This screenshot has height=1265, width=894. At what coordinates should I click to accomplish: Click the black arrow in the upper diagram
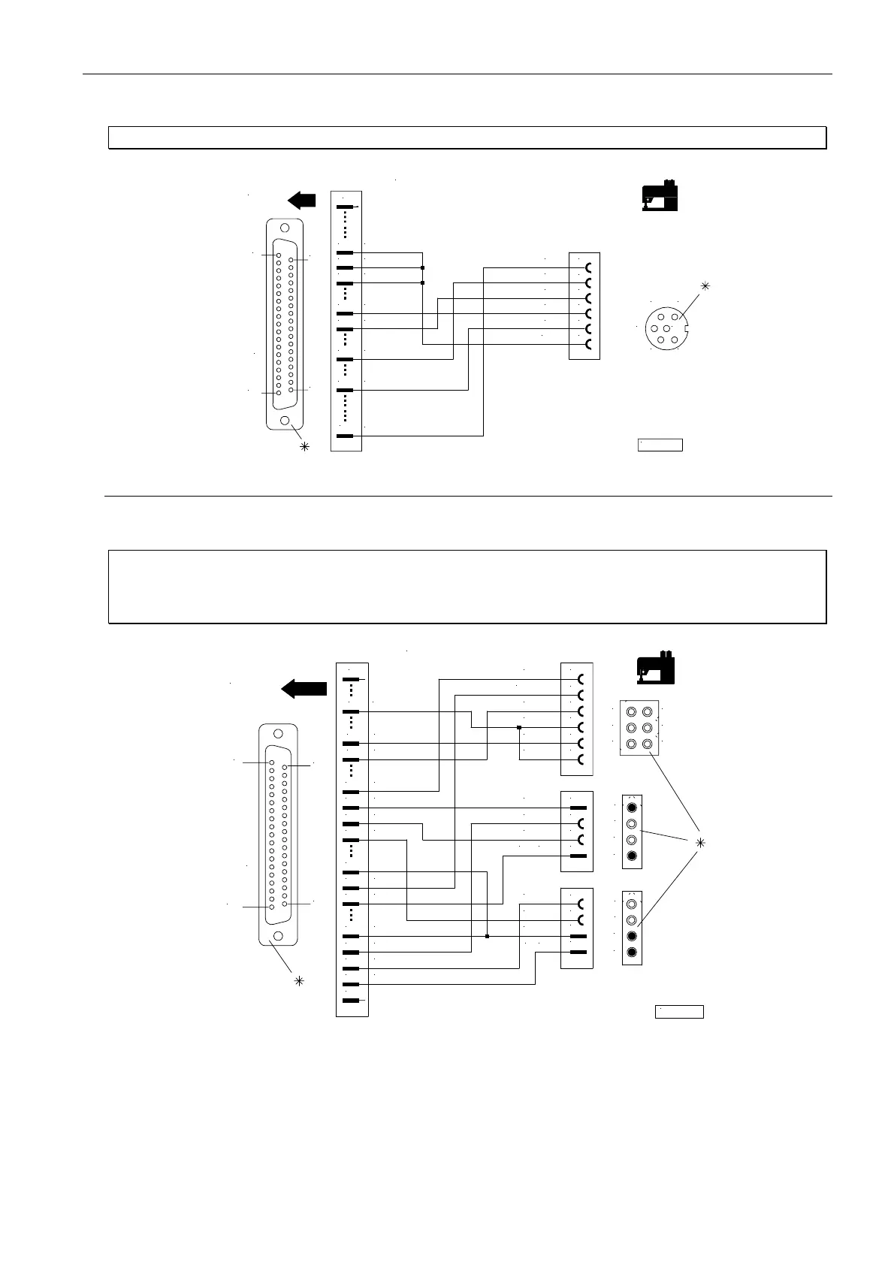pos(301,200)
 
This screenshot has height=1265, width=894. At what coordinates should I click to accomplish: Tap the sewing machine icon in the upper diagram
pos(660,196)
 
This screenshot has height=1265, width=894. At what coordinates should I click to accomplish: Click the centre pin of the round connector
pos(667,329)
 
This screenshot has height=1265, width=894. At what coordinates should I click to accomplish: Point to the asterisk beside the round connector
pos(705,285)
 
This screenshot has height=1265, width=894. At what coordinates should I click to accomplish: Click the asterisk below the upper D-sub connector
pos(304,447)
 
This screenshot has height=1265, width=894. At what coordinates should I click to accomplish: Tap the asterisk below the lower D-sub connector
pos(299,981)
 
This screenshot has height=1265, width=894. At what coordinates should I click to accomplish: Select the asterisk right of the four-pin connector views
pos(700,843)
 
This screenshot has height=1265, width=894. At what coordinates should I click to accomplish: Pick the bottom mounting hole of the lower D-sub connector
pos(278,936)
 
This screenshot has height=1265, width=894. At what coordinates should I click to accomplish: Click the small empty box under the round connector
pos(660,445)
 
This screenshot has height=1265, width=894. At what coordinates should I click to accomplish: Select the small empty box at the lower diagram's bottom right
pos(679,1011)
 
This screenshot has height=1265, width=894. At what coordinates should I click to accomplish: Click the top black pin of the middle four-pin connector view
pos(632,808)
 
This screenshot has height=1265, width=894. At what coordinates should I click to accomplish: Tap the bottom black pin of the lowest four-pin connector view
pos(632,953)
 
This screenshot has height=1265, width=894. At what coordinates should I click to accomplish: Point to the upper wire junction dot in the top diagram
pos(423,267)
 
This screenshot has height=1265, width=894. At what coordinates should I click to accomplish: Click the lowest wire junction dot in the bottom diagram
pos(488,937)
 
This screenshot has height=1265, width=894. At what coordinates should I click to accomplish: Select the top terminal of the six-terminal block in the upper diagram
pos(588,267)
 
